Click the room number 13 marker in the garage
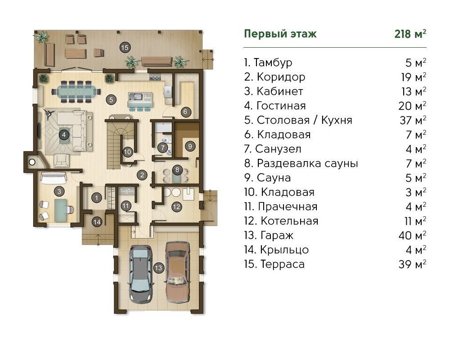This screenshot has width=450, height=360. click(158, 268)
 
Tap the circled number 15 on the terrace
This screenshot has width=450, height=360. click(125, 47)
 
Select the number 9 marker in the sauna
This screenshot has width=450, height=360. click(190, 146)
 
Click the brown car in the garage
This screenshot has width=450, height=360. click(178, 272)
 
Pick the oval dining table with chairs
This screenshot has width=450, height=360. click(76, 92)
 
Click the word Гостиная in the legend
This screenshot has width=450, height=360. click(281, 106)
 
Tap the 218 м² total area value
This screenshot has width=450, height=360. click(410, 34)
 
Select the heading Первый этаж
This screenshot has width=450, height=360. click(280, 34)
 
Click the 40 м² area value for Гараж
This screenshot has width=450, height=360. click(412, 235)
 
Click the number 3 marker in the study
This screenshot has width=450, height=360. click(59, 192)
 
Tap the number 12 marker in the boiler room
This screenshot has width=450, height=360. click(176, 207)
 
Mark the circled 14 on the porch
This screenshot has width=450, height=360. click(97, 222)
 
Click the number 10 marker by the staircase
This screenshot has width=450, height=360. click(128, 152)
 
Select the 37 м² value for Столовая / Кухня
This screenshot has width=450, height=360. click(413, 120)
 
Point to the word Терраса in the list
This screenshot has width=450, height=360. click(283, 264)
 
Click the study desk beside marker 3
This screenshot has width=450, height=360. click(60, 211)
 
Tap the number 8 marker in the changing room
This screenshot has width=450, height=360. click(177, 170)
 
